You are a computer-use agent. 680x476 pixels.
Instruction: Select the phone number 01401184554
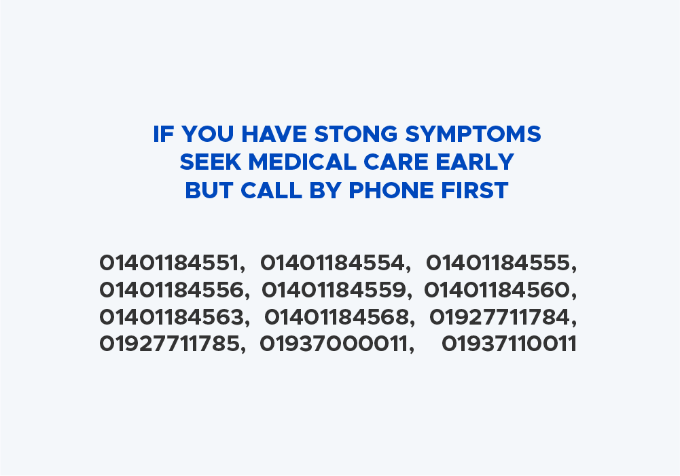click(333, 263)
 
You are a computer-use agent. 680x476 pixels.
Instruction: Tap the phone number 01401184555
click(499, 263)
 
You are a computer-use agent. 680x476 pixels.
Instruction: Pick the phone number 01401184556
click(172, 290)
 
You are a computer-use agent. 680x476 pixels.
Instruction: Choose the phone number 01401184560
click(497, 290)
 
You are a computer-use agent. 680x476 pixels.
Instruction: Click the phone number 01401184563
click(172, 317)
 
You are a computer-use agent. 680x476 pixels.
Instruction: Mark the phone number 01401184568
click(337, 317)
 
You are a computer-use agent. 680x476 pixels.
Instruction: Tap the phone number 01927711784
click(500, 317)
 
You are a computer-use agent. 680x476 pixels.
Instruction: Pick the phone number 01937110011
click(509, 344)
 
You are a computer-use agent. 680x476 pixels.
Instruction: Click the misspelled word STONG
click(355, 134)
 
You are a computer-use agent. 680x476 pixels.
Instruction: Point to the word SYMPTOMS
click(473, 134)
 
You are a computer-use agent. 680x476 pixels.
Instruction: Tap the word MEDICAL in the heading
click(302, 162)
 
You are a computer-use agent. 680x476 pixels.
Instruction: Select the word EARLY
click(475, 162)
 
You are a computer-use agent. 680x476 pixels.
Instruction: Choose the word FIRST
click(475, 191)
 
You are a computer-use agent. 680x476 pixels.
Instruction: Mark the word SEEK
click(211, 162)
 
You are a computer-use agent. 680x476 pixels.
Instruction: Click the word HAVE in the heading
click(274, 134)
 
